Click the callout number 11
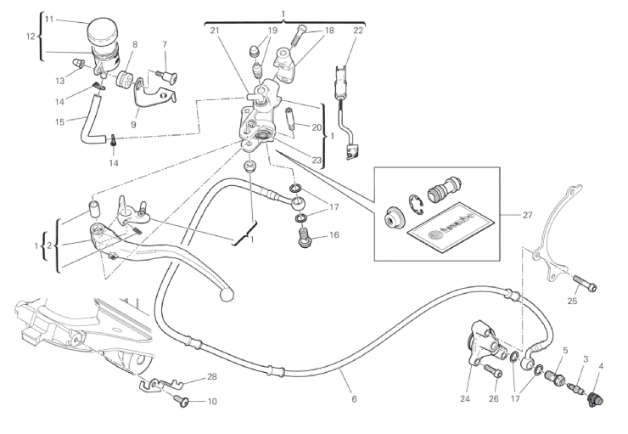click(x=48, y=18)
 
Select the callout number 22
click(x=358, y=31)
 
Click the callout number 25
click(x=573, y=300)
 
